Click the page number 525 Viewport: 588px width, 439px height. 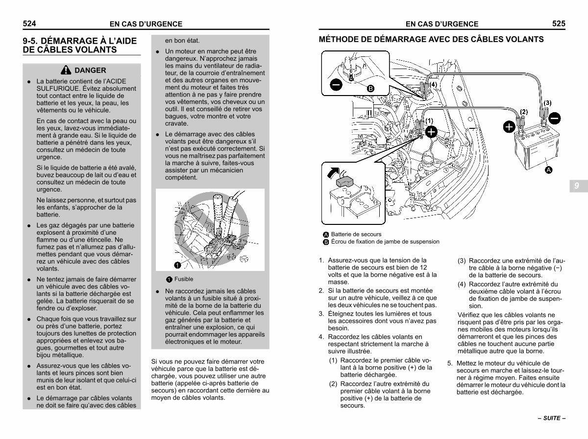pyautogui.click(x=559, y=23)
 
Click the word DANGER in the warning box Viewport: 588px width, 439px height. pyautogui.click(x=90, y=71)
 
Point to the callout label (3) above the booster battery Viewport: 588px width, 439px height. pyautogui.click(x=547, y=103)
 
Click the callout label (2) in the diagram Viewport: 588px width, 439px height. pyautogui.click(x=523, y=112)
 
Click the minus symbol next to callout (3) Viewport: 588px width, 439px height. pyautogui.click(x=555, y=118)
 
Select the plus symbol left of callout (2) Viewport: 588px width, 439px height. pyautogui.click(x=509, y=127)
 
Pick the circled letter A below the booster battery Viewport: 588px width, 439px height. pyautogui.click(x=548, y=170)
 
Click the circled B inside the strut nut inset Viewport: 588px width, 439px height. pyautogui.click(x=370, y=89)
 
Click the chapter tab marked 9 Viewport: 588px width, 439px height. pyautogui.click(x=577, y=186)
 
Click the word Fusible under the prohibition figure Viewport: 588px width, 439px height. pyautogui.click(x=184, y=279)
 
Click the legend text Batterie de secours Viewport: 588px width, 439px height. pyautogui.click(x=356, y=234)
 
